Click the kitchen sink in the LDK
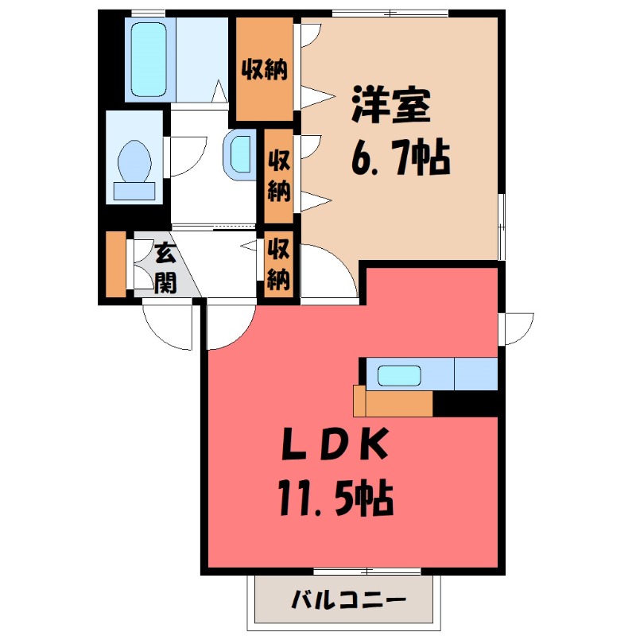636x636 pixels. tap(399, 375)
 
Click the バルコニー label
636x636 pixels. tap(348, 599)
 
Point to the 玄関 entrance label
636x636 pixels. tap(164, 268)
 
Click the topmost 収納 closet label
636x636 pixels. tap(265, 69)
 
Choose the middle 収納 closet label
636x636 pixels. tap(278, 175)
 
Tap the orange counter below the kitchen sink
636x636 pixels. tap(395, 403)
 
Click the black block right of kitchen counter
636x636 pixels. tap(465, 405)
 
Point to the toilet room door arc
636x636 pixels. tap(181, 156)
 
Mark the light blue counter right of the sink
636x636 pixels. tap(475, 374)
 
